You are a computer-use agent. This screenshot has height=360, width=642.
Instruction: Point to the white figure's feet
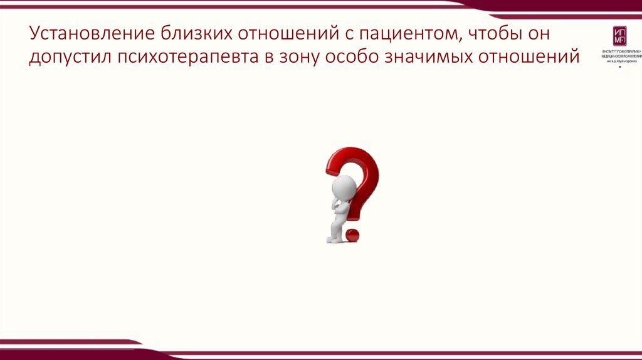coord(333,239)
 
